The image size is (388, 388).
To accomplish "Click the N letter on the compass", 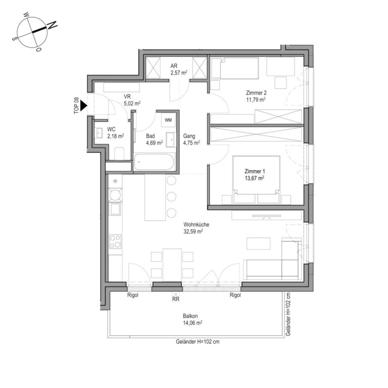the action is (x=52, y=25).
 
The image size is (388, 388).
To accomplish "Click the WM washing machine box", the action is (x=168, y=120).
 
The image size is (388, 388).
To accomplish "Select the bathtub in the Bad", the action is (x=154, y=162).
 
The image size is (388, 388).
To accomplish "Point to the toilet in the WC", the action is (x=119, y=154).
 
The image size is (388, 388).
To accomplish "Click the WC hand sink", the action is (x=99, y=133).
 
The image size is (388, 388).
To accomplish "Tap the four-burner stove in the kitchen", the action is (x=115, y=241).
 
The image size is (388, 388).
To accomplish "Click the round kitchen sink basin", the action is (x=115, y=195).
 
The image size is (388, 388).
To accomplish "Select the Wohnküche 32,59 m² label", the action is (x=196, y=228).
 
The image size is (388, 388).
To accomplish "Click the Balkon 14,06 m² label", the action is (x=192, y=319).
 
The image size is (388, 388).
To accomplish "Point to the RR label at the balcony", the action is (x=176, y=299).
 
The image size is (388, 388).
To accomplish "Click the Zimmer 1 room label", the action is (x=255, y=174).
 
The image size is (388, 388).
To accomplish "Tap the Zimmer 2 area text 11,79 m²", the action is (x=256, y=100).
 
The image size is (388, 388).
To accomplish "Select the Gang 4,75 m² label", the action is (x=191, y=139).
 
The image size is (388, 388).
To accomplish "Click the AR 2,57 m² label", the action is (x=179, y=69).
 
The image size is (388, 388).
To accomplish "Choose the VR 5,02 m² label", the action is (x=132, y=100).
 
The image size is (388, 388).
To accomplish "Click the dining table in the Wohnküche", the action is (x=172, y=265).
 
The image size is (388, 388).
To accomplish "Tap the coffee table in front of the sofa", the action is (x=258, y=243).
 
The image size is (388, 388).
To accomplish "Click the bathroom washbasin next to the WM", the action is (x=170, y=139).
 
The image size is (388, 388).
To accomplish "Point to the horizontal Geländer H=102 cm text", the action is (x=198, y=342).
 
